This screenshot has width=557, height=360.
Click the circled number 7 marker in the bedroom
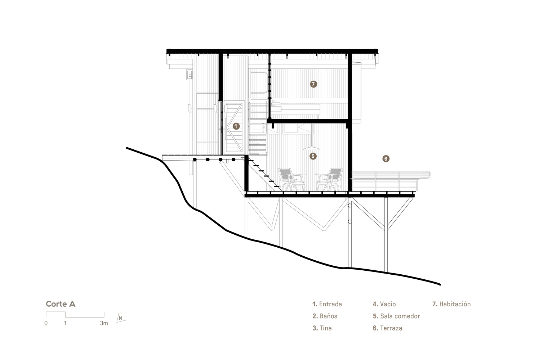(313, 84)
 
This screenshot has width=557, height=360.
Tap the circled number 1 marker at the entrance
(236, 126)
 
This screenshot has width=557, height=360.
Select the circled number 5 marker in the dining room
(313, 156)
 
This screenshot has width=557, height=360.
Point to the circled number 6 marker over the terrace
(386, 158)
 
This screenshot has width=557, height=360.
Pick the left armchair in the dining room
(291, 179)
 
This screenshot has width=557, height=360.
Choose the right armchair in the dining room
(329, 179)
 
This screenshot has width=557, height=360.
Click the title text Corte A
(61, 304)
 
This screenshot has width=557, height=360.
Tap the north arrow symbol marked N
(121, 318)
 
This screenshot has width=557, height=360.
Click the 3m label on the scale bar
(104, 323)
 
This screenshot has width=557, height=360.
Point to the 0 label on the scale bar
(46, 323)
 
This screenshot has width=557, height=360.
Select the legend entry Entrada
(327, 304)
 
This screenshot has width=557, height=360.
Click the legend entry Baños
(325, 316)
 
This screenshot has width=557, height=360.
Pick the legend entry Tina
(322, 328)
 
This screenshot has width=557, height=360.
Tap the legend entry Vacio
(384, 304)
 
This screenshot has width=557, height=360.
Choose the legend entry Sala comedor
(396, 316)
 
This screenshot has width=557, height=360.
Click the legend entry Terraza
(387, 328)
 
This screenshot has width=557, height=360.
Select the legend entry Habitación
(451, 304)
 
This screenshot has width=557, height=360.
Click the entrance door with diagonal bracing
(234, 127)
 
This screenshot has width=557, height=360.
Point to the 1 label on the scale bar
(65, 323)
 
